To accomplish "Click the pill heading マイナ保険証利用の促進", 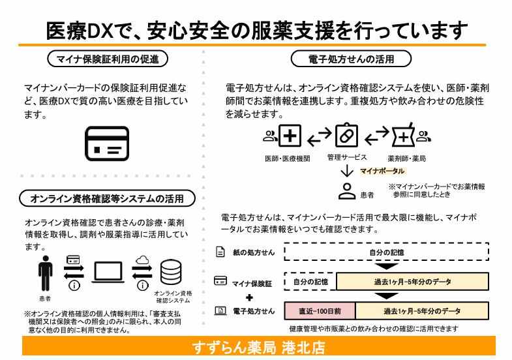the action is [108, 59].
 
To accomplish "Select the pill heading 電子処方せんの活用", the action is [351, 59].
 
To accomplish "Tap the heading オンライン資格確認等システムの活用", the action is [107, 198].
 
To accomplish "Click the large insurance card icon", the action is [107, 143].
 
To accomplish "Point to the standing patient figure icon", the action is [46, 273].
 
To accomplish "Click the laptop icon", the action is [108, 272].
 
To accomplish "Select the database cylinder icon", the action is [171, 273].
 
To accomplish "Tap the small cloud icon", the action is [142, 260].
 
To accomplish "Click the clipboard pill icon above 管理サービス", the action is [347, 135].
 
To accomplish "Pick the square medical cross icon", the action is [290, 136].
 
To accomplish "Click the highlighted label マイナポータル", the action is [382, 171].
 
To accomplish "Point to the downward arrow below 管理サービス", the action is [347, 171].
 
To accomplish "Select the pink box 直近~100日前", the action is [320, 311].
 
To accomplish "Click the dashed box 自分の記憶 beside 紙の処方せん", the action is [387, 252].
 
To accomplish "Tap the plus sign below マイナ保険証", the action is [249, 297].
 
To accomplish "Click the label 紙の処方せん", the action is [254, 252].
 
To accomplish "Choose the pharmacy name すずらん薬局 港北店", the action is [259, 347].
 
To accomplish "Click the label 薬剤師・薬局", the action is [407, 158].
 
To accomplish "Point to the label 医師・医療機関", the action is [288, 158].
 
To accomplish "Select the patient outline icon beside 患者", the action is [347, 191].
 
